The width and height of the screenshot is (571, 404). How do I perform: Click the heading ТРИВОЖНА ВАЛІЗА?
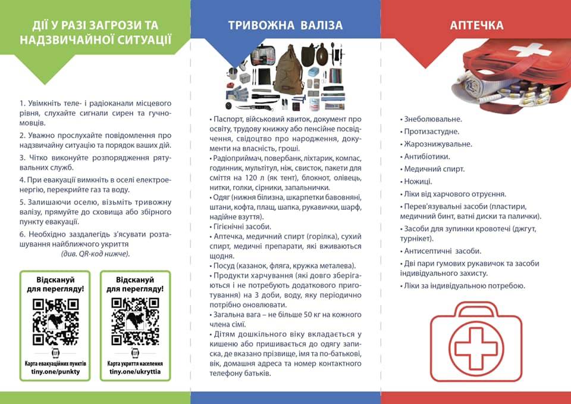[285, 25]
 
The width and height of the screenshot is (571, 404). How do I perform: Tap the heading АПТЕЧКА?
[476, 25]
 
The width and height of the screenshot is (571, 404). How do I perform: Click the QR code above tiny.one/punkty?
[55, 322]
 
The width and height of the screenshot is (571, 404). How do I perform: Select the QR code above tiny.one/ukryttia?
[135, 322]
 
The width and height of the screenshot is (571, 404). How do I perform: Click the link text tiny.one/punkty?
[55, 371]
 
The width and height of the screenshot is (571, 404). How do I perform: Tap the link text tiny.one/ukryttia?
[135, 371]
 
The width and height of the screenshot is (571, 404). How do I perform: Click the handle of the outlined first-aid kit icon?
[476, 310]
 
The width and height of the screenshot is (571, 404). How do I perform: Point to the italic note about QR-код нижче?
[95, 253]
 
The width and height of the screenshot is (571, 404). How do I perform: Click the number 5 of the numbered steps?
[22, 202]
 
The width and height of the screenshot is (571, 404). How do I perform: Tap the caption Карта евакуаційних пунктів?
[55, 363]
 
